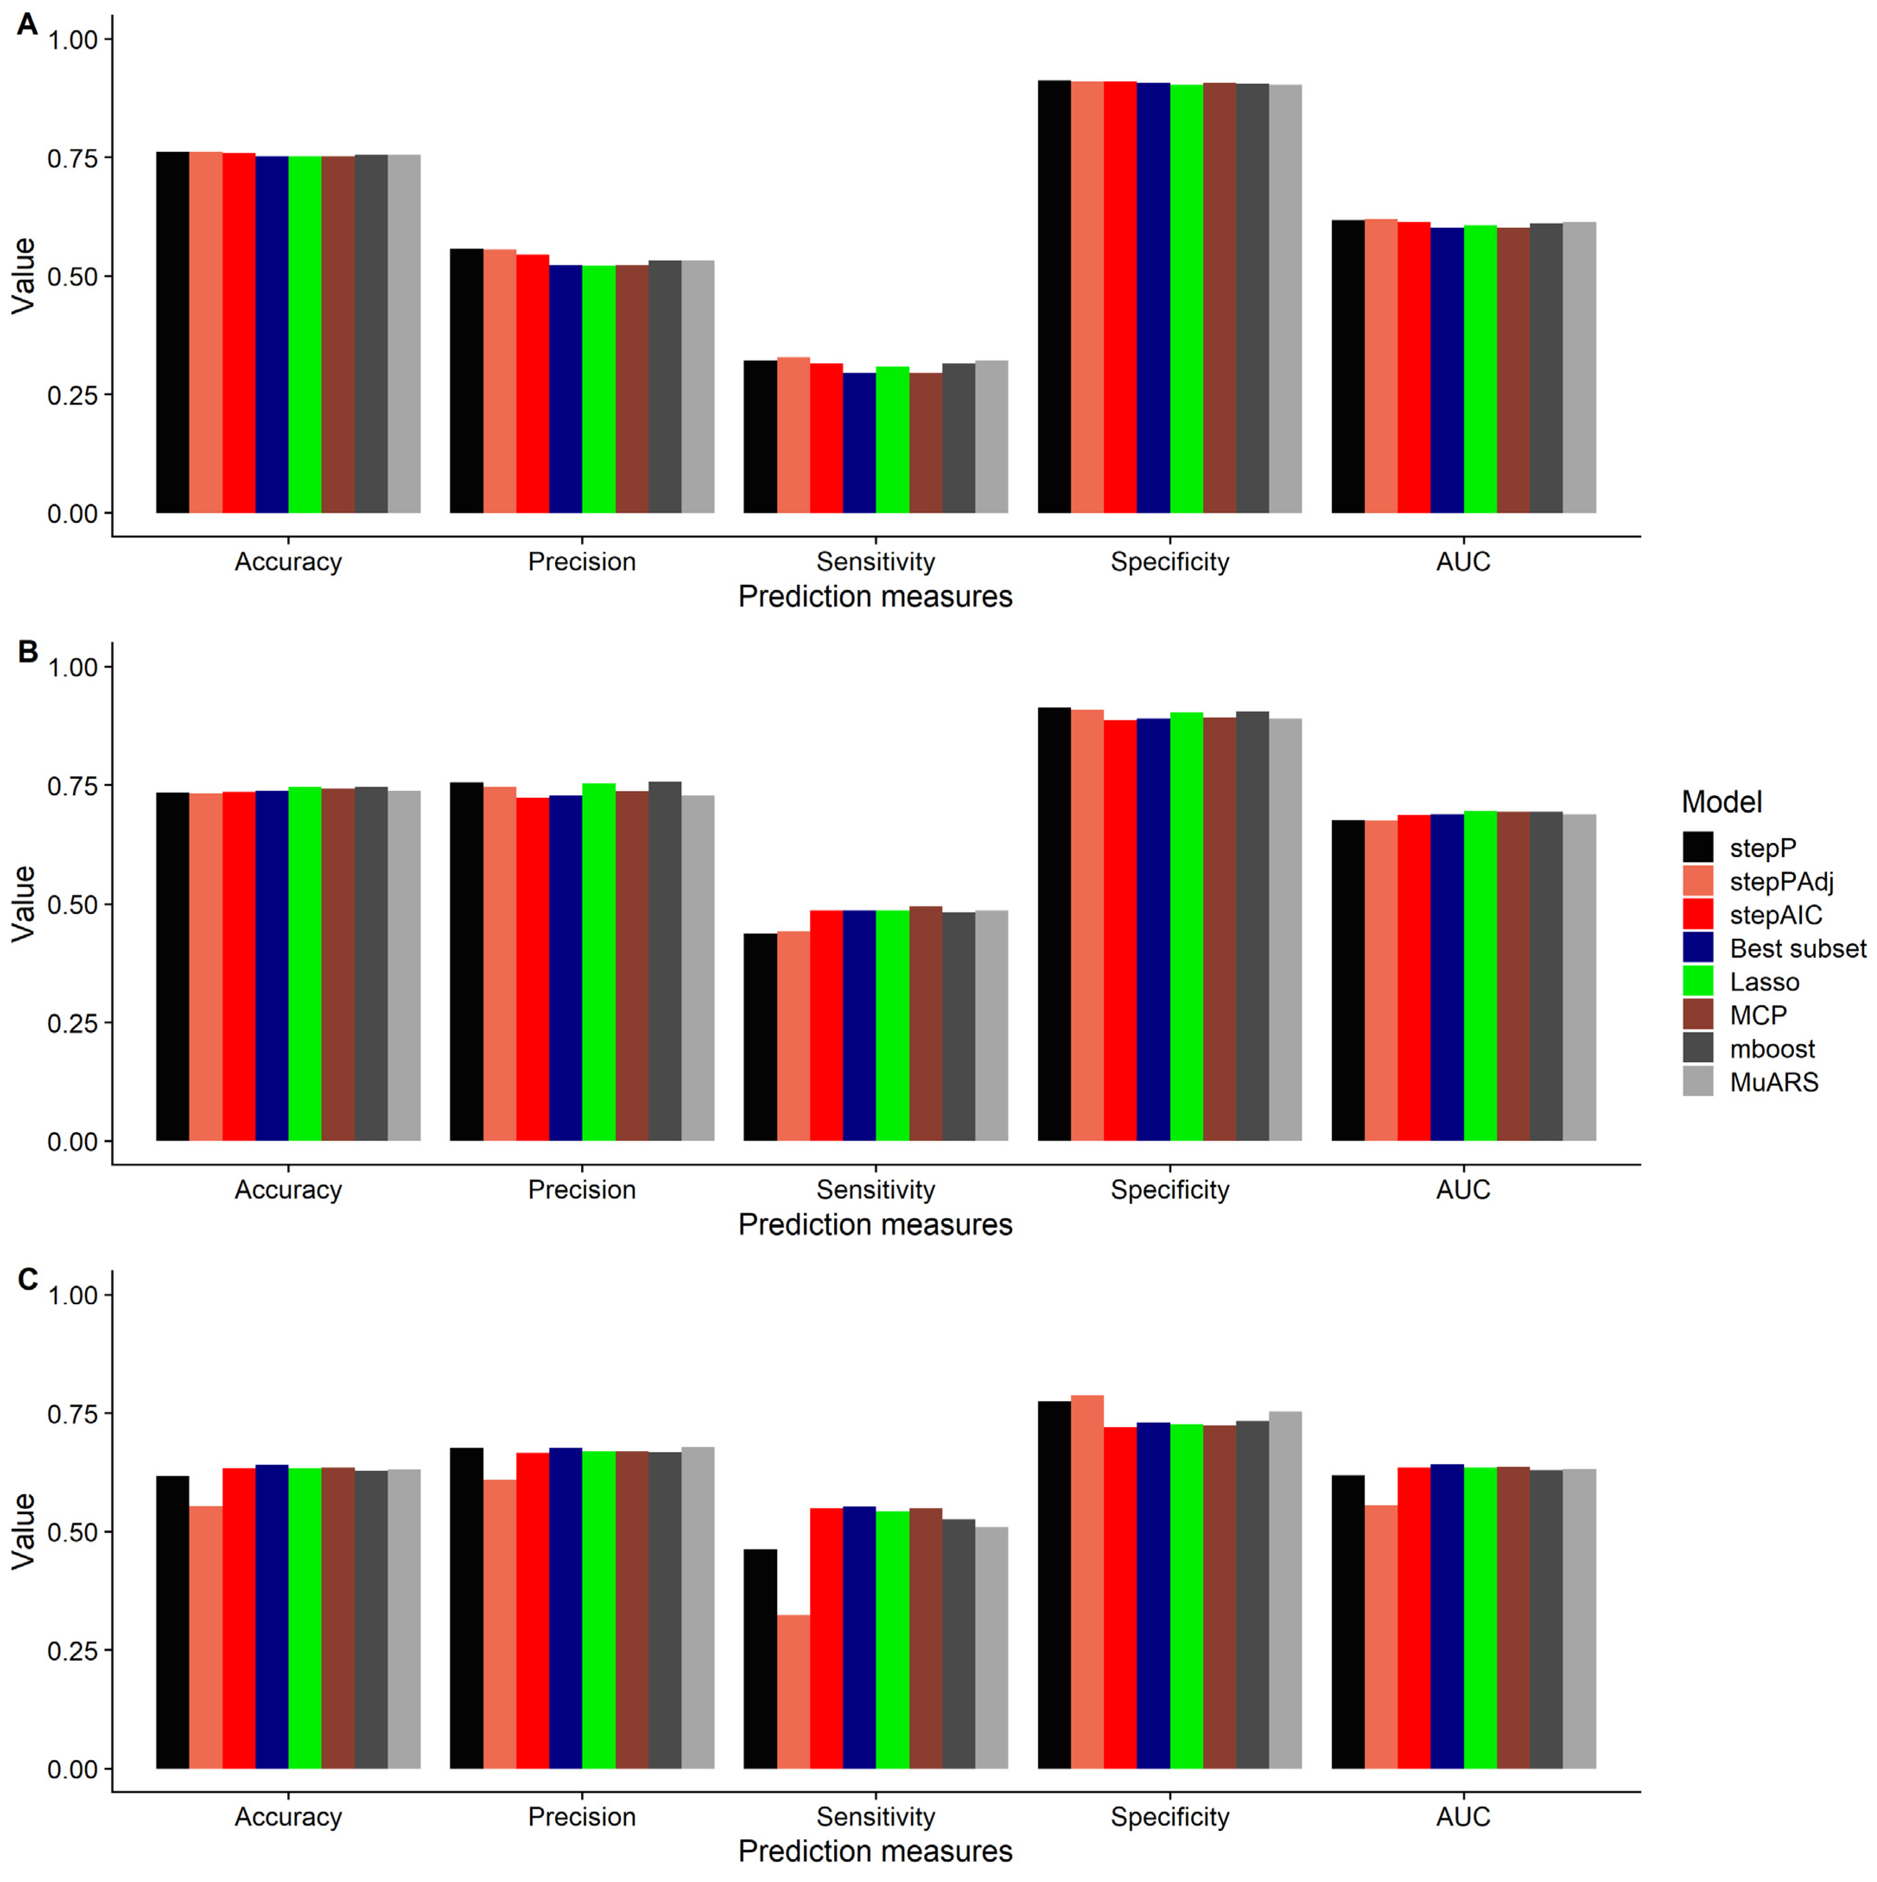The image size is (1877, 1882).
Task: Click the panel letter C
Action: [27, 1279]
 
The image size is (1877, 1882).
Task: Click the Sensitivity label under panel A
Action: [875, 562]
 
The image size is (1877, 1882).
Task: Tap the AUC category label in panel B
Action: [1462, 1189]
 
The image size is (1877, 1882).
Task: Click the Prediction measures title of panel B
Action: [875, 1224]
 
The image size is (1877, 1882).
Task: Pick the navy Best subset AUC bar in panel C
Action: [1447, 1617]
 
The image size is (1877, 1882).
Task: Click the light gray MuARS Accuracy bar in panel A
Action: [403, 334]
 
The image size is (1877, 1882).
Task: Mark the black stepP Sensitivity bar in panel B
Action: [760, 1037]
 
